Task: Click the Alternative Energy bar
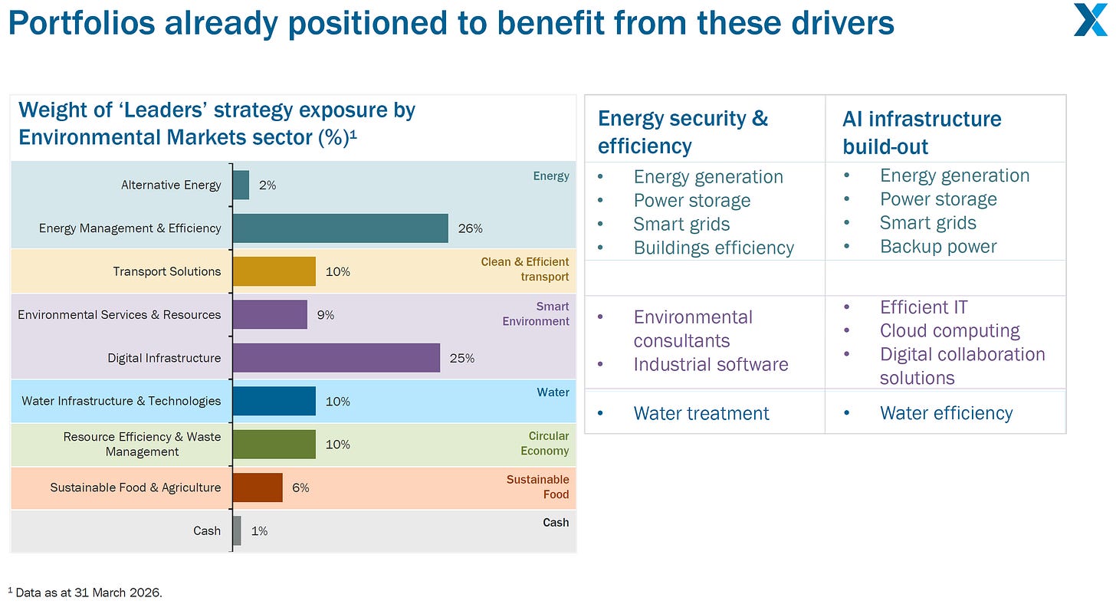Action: pyautogui.click(x=241, y=185)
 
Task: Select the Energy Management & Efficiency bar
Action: pyautogui.click(x=341, y=228)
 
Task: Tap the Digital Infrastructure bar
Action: pyautogui.click(x=336, y=358)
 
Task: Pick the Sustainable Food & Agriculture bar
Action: pyautogui.click(x=258, y=487)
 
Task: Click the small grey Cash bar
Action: pyautogui.click(x=237, y=530)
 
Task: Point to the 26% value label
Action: pyautogui.click(x=471, y=228)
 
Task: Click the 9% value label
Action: pyautogui.click(x=325, y=315)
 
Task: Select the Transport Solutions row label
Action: pyautogui.click(x=167, y=271)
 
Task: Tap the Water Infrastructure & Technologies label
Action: pyautogui.click(x=121, y=401)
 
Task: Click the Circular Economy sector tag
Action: pyautogui.click(x=544, y=443)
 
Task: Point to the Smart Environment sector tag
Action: pyautogui.click(x=536, y=313)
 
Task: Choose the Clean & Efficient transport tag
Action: pyautogui.click(x=524, y=269)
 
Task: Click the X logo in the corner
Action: pyautogui.click(x=1091, y=20)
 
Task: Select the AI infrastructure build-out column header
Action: pyautogui.click(x=921, y=133)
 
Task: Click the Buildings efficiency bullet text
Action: pyautogui.click(x=714, y=248)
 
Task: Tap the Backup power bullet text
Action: pyautogui.click(x=938, y=246)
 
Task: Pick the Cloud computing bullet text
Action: pyautogui.click(x=950, y=330)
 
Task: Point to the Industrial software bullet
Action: pyautogui.click(x=711, y=364)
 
